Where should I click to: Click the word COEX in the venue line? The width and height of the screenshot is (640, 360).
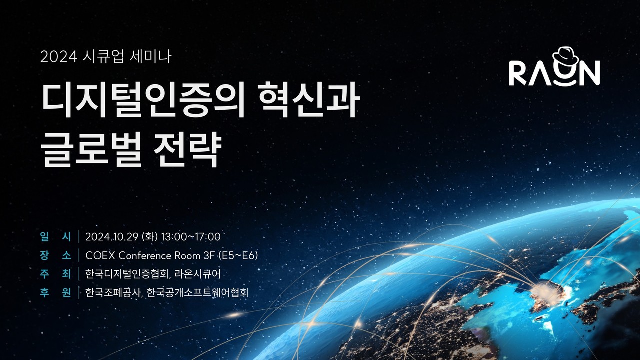101,256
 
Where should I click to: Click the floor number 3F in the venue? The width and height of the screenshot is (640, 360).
209,256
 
